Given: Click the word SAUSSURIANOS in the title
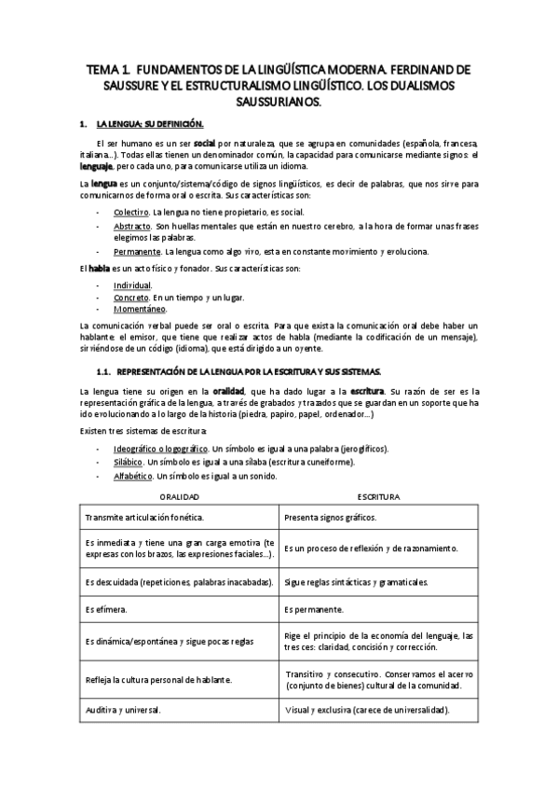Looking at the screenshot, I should pos(279,102).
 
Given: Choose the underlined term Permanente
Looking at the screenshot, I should pos(137,252).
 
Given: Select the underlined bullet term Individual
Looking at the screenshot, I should pos(132,284).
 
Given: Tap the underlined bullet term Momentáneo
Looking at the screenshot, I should pos(140,309).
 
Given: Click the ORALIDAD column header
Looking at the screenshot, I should pos(180,497).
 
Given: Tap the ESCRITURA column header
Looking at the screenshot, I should pos(378,497).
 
